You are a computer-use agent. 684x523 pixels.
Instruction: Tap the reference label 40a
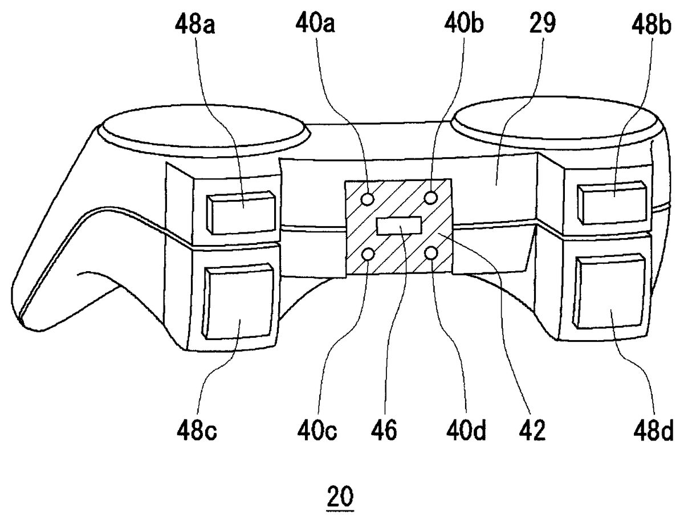(x=315, y=24)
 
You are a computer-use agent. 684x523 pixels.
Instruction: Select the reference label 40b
(x=463, y=23)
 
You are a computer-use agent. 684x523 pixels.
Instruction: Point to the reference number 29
(x=543, y=23)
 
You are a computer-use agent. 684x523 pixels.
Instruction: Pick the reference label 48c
(x=197, y=431)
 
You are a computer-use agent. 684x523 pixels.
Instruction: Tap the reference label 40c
(x=317, y=431)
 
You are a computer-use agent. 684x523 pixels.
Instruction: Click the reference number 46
(x=384, y=431)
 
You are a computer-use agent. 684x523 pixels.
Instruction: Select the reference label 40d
(x=466, y=431)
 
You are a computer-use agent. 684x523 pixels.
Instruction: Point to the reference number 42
(x=532, y=431)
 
